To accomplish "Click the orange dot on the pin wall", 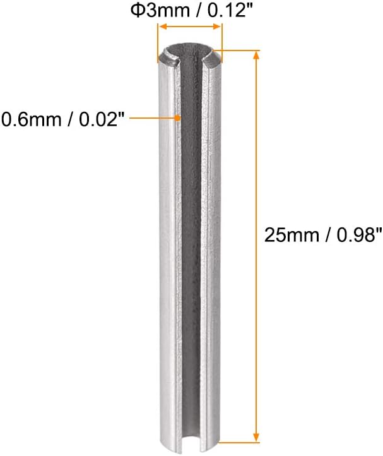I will click(179, 117).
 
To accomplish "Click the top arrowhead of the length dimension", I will click(256, 55).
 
